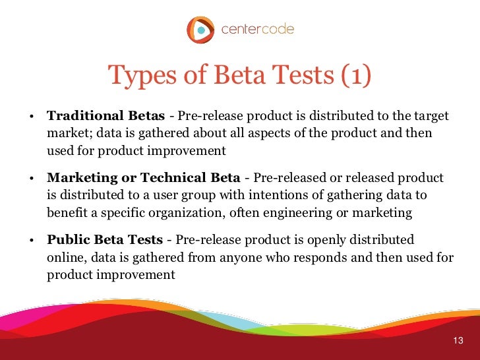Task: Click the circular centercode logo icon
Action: (x=200, y=30)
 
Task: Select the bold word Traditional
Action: (x=80, y=117)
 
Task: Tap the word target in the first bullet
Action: (x=431, y=117)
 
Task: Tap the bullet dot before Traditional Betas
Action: (x=31, y=118)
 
